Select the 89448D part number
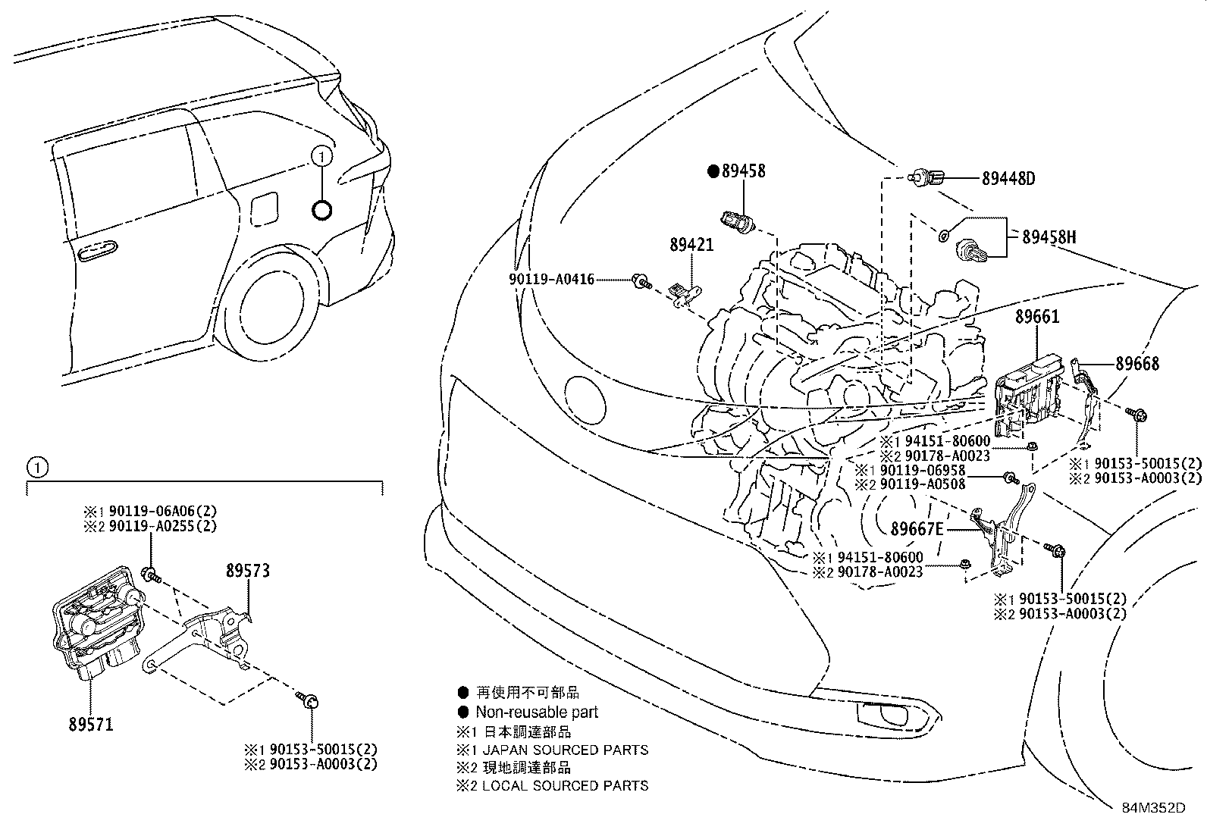coord(1008,179)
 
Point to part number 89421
coord(691,246)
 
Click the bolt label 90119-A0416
coord(551,280)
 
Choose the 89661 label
coord(1037,318)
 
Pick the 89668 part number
coord(1136,364)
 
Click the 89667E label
coord(917,528)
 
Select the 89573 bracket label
coord(247,571)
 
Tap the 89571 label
coord(89,725)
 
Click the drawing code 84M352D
coord(1153,808)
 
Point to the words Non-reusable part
coord(537,712)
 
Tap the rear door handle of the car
coord(96,249)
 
